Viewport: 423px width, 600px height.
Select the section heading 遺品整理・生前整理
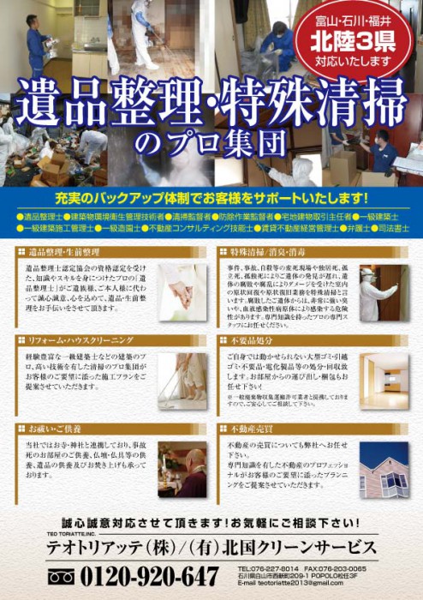(65, 253)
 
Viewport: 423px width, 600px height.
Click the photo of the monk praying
(182, 470)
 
